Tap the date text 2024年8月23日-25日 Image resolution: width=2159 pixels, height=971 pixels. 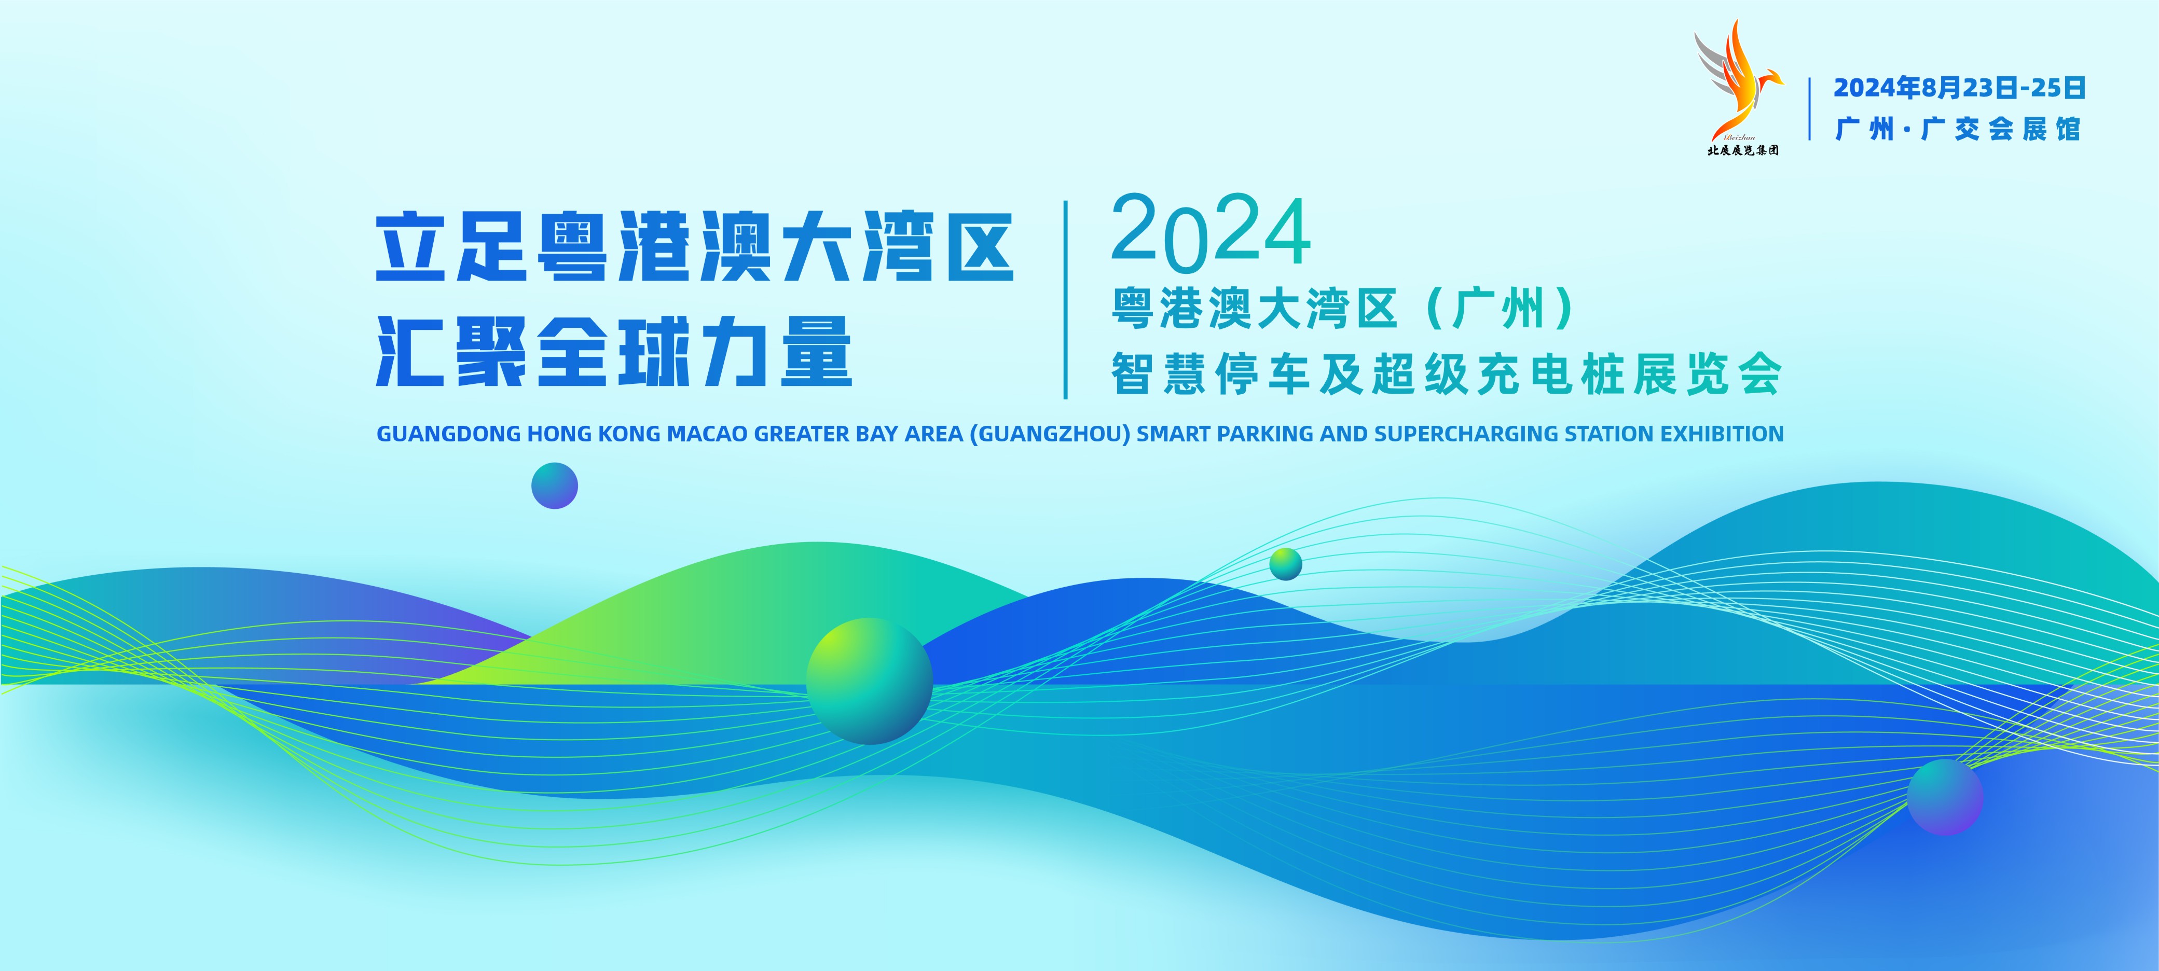click(x=1959, y=87)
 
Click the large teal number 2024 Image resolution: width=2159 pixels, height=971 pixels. click(x=1210, y=232)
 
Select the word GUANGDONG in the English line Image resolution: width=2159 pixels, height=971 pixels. click(x=448, y=434)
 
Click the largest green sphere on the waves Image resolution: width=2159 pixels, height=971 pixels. click(x=869, y=681)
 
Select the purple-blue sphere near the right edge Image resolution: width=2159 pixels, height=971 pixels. click(x=1945, y=797)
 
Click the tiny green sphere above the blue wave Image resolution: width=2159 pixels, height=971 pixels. click(x=1286, y=564)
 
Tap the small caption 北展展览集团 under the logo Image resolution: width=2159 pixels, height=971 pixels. click(x=1743, y=150)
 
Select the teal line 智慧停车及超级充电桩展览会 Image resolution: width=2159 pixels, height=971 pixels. click(x=1447, y=373)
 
